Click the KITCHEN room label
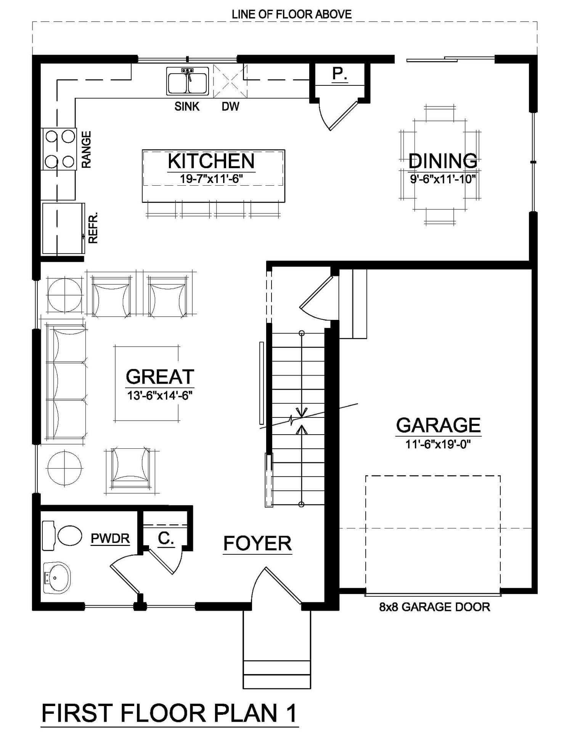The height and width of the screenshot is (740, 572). pyautogui.click(x=211, y=161)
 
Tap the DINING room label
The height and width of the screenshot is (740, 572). pyautogui.click(x=443, y=161)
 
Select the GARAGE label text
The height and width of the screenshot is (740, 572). pyautogui.click(x=439, y=425)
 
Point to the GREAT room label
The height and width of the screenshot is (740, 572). pyautogui.click(x=160, y=377)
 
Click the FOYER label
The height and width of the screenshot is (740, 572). pyautogui.click(x=257, y=543)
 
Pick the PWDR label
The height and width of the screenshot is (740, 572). pyautogui.click(x=110, y=538)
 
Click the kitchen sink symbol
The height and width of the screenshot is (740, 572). pyautogui.click(x=188, y=81)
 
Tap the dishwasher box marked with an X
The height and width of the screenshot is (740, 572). pyautogui.click(x=230, y=81)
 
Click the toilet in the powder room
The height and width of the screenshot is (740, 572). pyautogui.click(x=62, y=536)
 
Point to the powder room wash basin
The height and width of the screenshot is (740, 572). pyautogui.click(x=57, y=578)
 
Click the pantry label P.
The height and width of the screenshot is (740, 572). pyautogui.click(x=339, y=74)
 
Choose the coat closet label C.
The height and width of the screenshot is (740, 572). pyautogui.click(x=166, y=538)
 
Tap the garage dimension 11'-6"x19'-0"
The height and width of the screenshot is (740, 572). pyautogui.click(x=438, y=444)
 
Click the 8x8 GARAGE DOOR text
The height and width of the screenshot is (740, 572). pyautogui.click(x=434, y=607)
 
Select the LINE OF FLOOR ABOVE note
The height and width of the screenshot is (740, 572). pyautogui.click(x=292, y=14)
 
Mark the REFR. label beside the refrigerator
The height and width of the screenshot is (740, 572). pyautogui.click(x=93, y=228)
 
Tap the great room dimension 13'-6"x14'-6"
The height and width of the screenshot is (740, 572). pyautogui.click(x=160, y=395)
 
